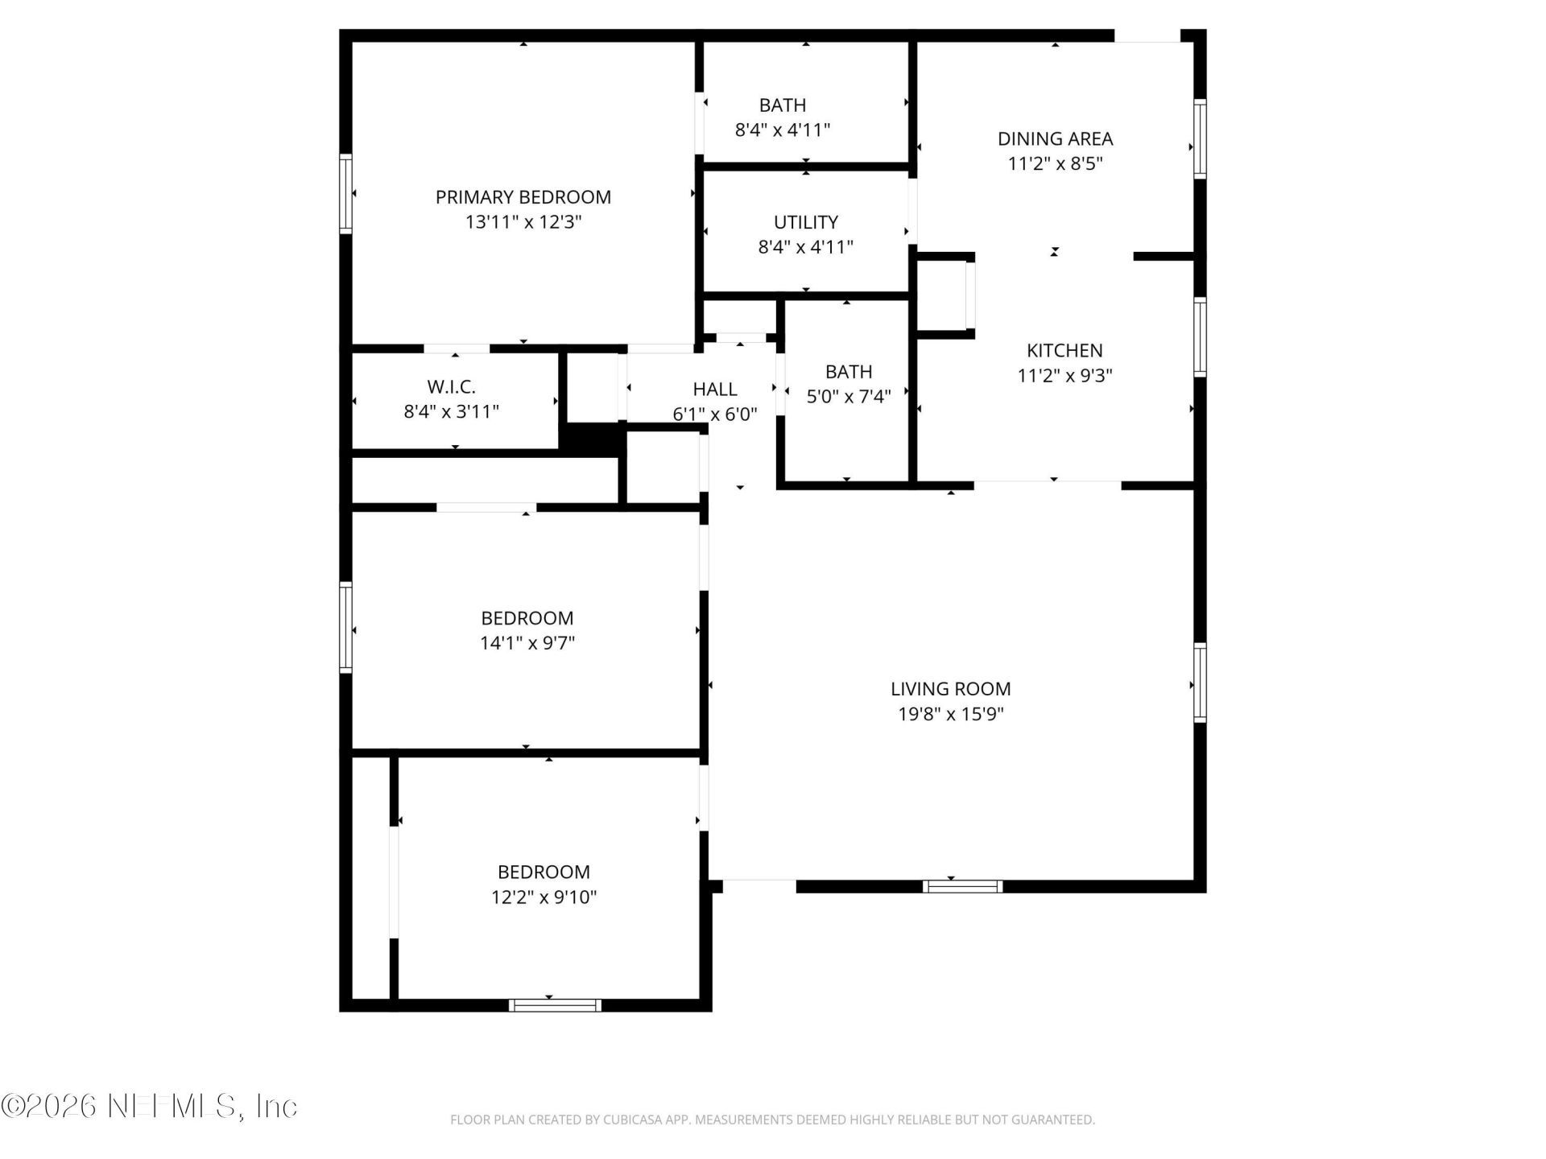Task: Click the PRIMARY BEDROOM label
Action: coord(523,197)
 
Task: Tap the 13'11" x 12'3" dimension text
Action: coord(523,222)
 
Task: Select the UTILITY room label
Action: coord(806,222)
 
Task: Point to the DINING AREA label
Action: coord(1056,138)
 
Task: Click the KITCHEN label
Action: coord(1064,350)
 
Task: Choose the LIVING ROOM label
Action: coord(951,689)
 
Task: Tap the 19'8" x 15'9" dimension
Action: coord(951,714)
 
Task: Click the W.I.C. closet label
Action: coord(452,387)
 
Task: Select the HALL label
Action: coord(715,390)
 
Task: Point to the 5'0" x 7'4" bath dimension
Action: coord(849,397)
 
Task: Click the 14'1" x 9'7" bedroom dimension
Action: coord(527,643)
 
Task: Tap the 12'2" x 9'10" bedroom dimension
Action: coord(544,897)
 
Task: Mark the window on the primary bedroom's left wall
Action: coord(345,194)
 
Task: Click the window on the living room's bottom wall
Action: coord(963,886)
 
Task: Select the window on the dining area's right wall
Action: coord(1200,138)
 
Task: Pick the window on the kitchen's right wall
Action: coord(1200,336)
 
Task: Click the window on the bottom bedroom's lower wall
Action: coord(556,1004)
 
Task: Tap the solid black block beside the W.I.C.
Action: coord(593,439)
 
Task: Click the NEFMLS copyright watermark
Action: coord(150,1106)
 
